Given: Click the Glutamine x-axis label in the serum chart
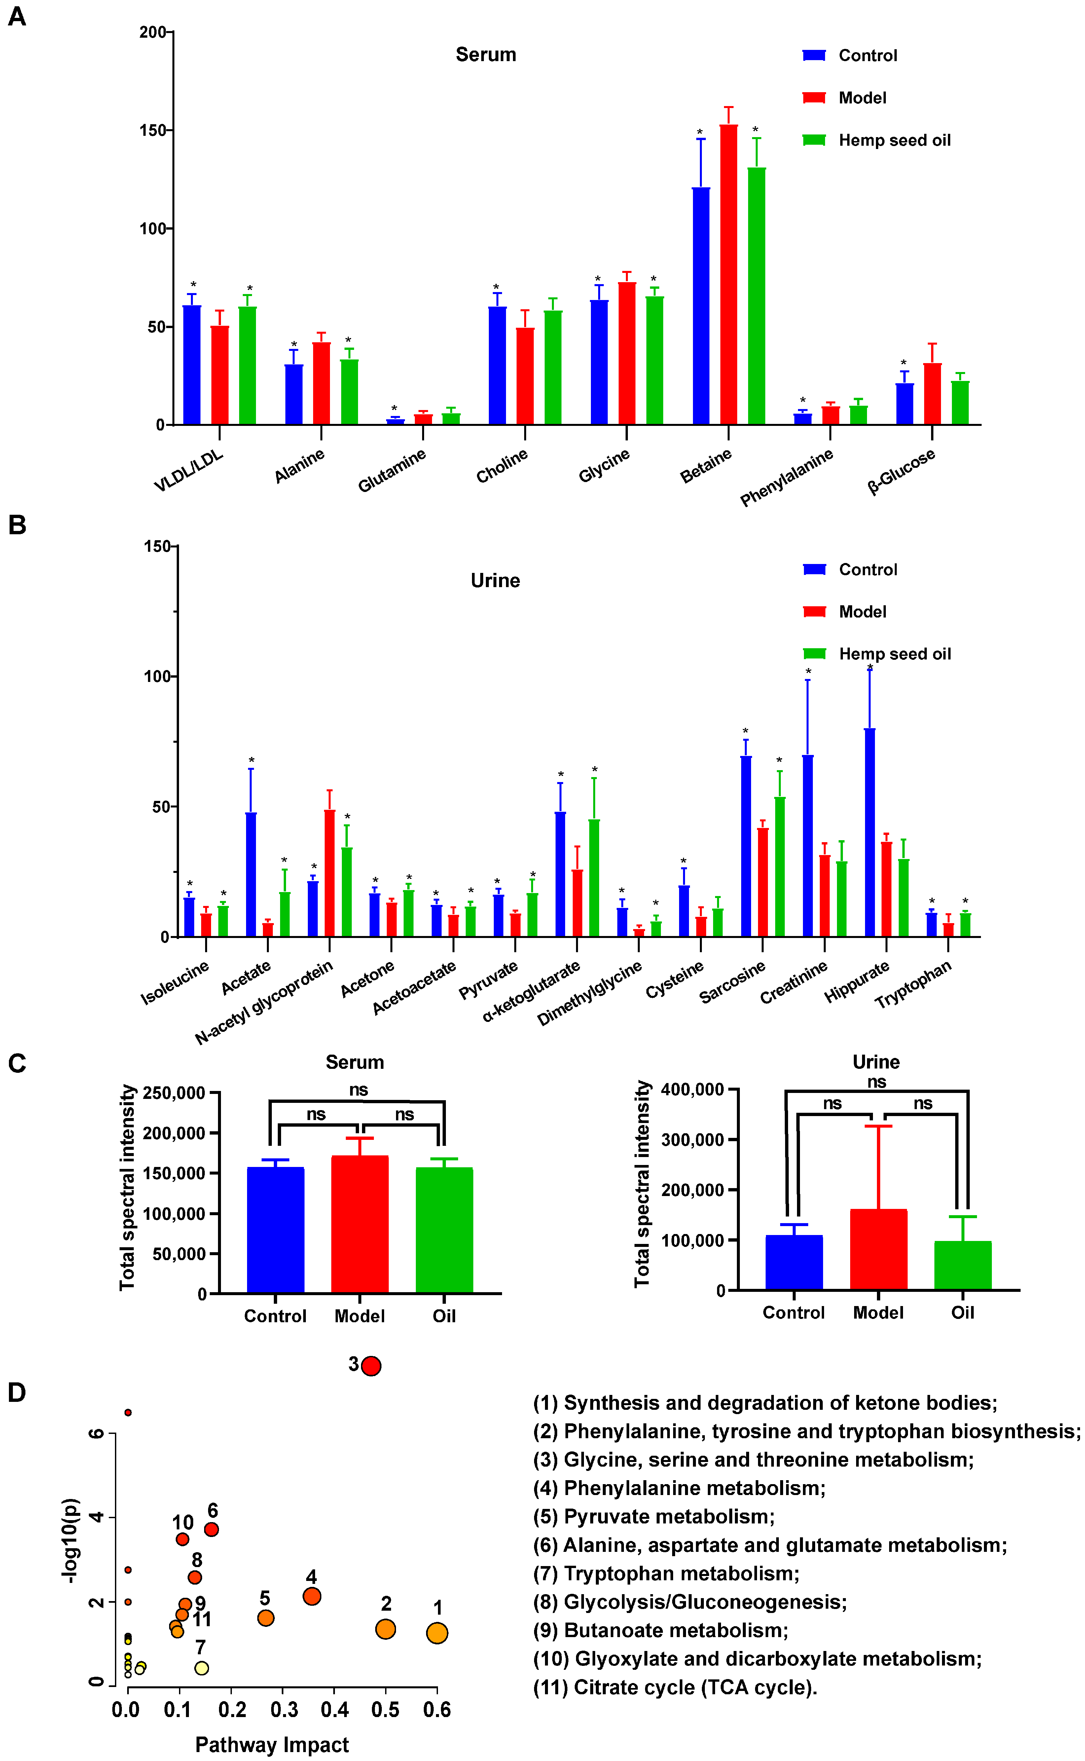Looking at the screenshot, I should [392, 470].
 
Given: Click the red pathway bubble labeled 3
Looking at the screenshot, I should [371, 1366].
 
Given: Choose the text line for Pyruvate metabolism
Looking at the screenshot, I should [653, 1516].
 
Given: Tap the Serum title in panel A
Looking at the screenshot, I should [486, 55].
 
